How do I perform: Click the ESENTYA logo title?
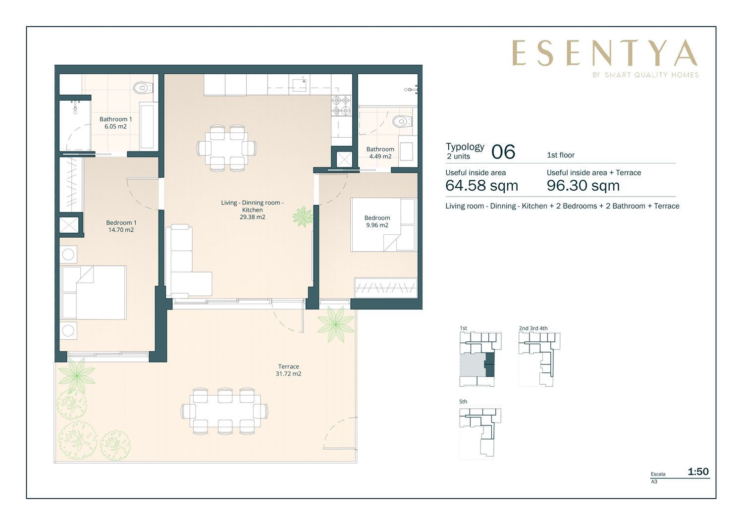click(x=605, y=53)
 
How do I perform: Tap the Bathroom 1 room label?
click(x=115, y=119)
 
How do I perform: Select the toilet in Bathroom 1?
click(x=143, y=88)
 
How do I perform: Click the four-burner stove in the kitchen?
click(x=341, y=105)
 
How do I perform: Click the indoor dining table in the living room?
click(x=226, y=148)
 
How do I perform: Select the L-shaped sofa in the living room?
click(x=188, y=261)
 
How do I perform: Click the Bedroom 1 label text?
click(x=121, y=222)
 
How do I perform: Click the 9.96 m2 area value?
click(x=377, y=225)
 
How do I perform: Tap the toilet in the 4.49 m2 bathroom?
click(x=402, y=121)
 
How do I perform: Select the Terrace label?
click(x=289, y=367)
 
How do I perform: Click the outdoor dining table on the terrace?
click(x=225, y=411)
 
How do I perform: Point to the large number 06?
click(x=503, y=152)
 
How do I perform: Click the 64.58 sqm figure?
click(x=481, y=185)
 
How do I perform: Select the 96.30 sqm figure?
click(x=583, y=185)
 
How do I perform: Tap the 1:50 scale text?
click(x=698, y=472)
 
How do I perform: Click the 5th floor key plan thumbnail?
click(x=480, y=432)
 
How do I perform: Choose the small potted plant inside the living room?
click(x=303, y=217)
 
